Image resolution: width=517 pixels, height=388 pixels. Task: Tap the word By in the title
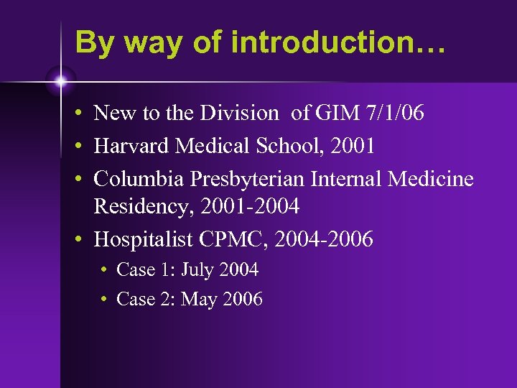pos(93,43)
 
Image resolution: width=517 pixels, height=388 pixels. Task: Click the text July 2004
pos(220,270)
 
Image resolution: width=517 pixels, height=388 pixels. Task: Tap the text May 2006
pos(222,299)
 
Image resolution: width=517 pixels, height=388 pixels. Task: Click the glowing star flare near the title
pos(61,81)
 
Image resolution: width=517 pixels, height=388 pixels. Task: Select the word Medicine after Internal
pos(431,178)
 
